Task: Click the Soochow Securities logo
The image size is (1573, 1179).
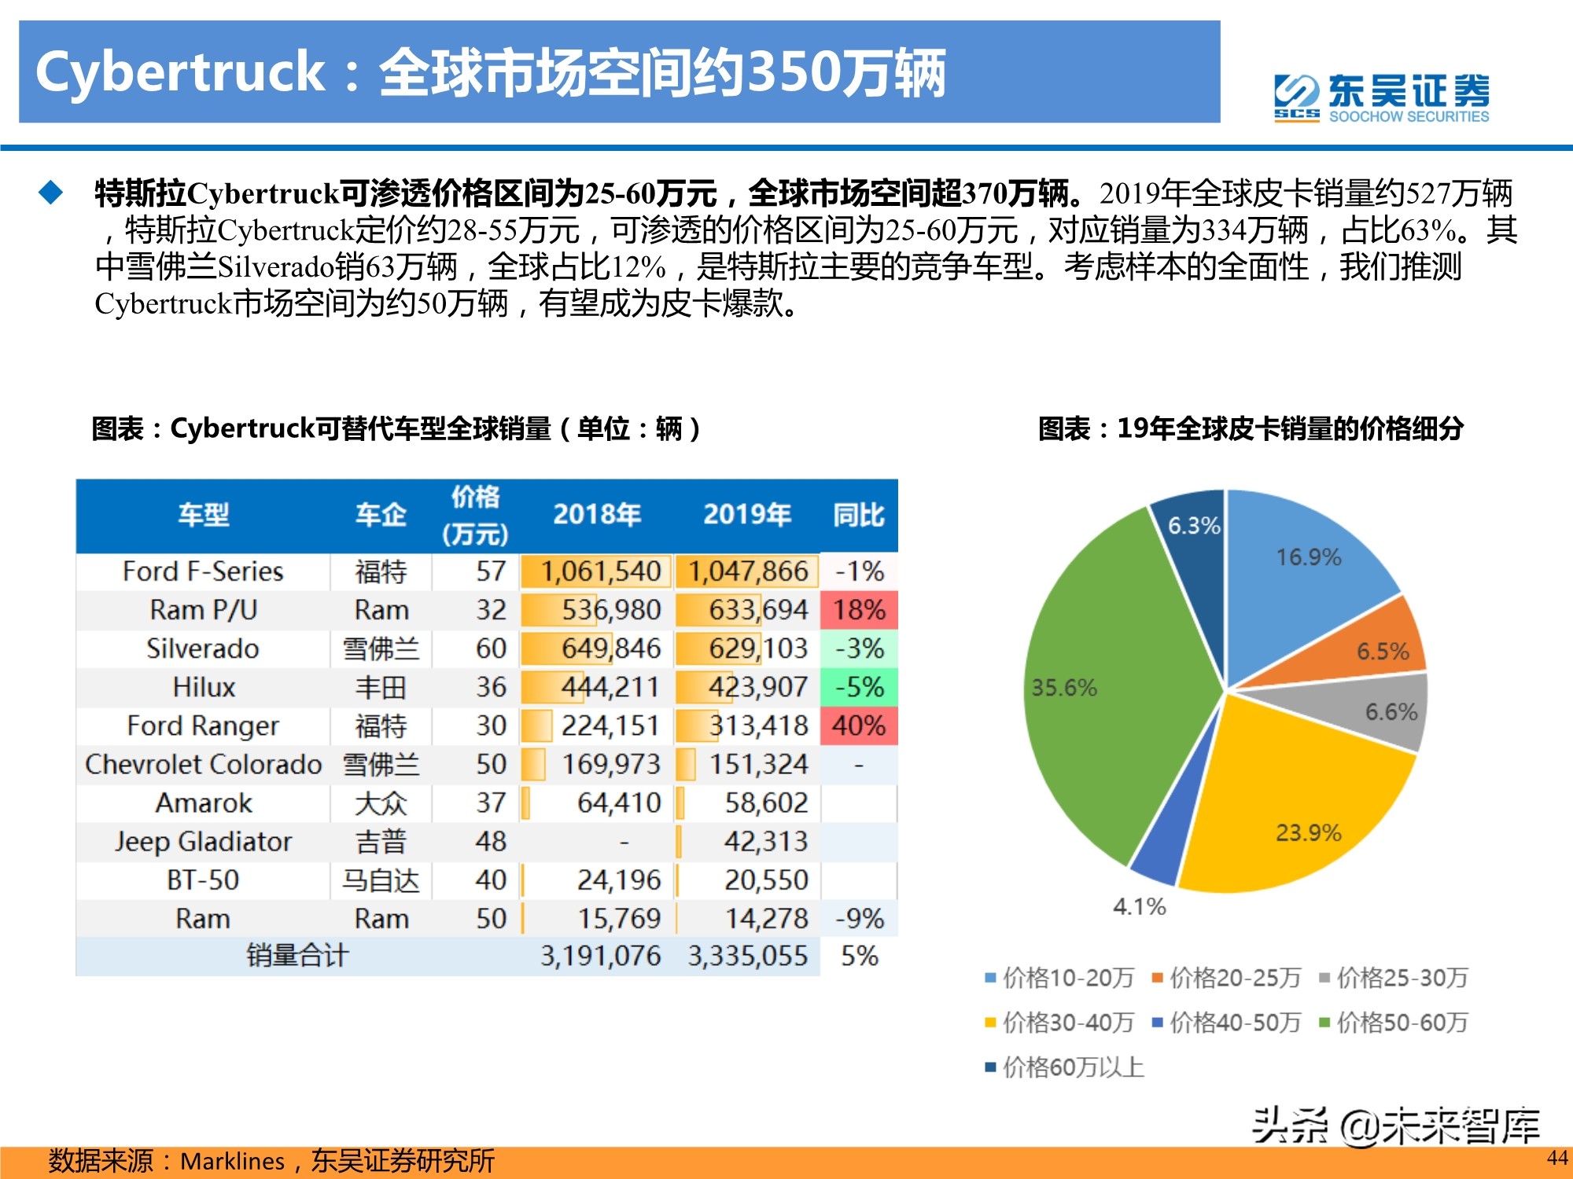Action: [1381, 97]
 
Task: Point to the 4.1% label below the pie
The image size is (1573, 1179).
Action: [1139, 907]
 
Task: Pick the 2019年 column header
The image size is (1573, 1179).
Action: [746, 515]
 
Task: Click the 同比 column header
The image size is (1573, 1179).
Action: [858, 516]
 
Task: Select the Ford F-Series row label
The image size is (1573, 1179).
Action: [203, 571]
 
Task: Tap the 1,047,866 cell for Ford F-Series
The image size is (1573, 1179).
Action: [747, 571]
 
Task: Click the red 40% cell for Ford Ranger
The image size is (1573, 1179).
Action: [858, 725]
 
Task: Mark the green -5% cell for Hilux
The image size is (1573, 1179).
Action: [858, 687]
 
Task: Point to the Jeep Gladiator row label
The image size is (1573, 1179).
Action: [203, 842]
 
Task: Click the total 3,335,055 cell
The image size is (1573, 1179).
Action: [747, 957]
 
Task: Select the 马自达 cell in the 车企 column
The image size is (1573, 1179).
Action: [381, 880]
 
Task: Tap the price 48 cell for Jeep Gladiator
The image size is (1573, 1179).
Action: [491, 842]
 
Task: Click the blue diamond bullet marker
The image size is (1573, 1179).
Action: [51, 193]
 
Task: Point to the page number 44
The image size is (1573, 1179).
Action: [1556, 1158]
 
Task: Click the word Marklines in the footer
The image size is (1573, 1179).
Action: [233, 1161]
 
